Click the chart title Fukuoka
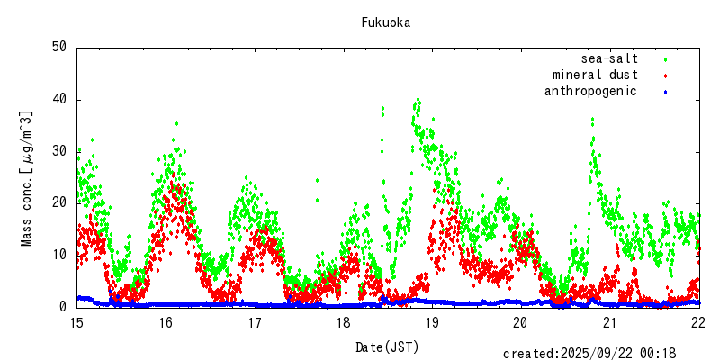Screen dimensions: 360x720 click(x=386, y=22)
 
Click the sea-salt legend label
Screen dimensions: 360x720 click(x=609, y=58)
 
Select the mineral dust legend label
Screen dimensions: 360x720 click(x=595, y=75)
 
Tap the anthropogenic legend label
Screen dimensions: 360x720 click(x=590, y=91)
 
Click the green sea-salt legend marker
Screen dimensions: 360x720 click(x=665, y=59)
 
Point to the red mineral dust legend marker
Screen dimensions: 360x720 click(x=665, y=76)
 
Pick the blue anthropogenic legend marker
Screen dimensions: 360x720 click(x=665, y=92)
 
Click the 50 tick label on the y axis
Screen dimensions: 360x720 click(x=59, y=47)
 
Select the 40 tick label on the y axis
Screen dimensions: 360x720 click(x=59, y=99)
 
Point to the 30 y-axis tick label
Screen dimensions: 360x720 click(x=59, y=151)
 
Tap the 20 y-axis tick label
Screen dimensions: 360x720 click(x=59, y=203)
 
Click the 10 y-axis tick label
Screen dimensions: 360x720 click(x=59, y=255)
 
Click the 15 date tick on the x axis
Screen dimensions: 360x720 click(x=77, y=322)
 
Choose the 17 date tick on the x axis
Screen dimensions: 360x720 click(x=255, y=322)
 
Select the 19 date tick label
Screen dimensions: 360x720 click(x=433, y=322)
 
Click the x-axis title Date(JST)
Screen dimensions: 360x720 click(x=387, y=346)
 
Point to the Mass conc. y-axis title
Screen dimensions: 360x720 click(x=26, y=178)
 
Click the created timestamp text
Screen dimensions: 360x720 click(x=589, y=354)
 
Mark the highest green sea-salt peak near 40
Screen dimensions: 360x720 click(x=418, y=100)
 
